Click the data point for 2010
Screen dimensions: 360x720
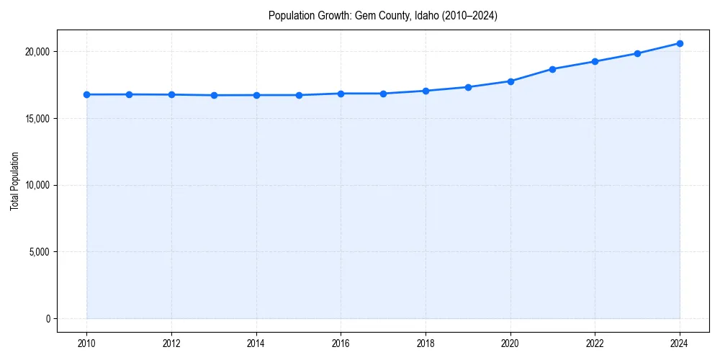[86, 94]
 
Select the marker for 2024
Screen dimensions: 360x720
[680, 43]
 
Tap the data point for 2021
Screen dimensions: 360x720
[552, 69]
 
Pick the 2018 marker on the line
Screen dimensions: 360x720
[426, 91]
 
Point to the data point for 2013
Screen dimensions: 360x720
[214, 95]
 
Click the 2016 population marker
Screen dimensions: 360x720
[341, 94]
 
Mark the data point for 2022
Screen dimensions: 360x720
[595, 61]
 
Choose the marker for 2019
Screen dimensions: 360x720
[468, 87]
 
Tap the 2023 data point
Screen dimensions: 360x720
[637, 53]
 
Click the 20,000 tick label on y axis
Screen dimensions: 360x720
[35, 52]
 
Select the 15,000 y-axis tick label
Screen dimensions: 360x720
[35, 119]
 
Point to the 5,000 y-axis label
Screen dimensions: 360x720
[37, 252]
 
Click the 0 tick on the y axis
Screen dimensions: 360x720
[47, 319]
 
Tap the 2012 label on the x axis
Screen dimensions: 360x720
[171, 343]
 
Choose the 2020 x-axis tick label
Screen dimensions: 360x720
[510, 343]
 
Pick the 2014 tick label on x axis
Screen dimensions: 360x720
[256, 343]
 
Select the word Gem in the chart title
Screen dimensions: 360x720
[365, 15]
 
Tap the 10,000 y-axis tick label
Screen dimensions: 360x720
[35, 186]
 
